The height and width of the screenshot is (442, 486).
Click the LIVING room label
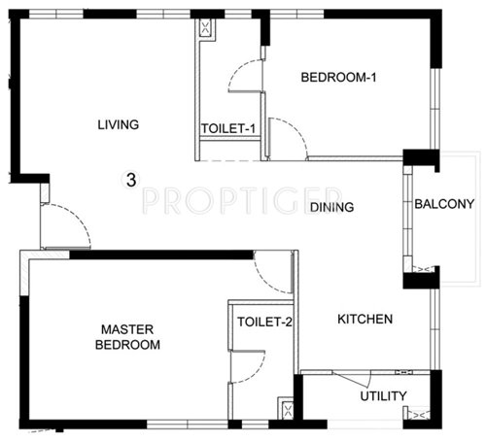coord(119,124)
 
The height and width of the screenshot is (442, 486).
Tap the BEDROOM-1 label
coord(337,78)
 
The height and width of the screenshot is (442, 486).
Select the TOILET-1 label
coord(228,128)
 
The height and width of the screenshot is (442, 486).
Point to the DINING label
coord(331,207)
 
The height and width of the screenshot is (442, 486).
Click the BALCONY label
coord(443,204)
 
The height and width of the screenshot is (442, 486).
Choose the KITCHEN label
coord(364,319)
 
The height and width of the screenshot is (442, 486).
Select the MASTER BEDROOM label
coord(129,337)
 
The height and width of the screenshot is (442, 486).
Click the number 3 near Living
coord(130,179)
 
